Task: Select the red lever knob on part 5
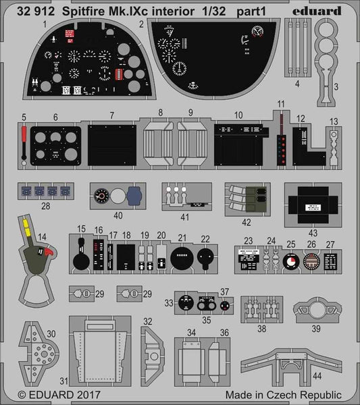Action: click(25, 130)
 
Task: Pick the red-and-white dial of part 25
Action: click(291, 260)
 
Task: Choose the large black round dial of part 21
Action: click(182, 259)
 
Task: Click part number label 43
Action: click(313, 233)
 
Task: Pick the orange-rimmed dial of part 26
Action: click(311, 261)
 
